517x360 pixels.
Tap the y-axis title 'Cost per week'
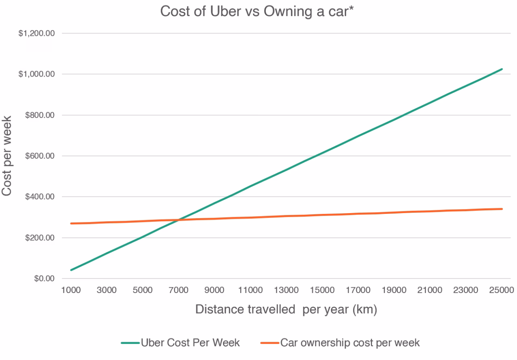pyautogui.click(x=7, y=156)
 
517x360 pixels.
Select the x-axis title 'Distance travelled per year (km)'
pyautogui.click(x=286, y=310)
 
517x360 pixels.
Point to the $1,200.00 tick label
pyautogui.click(x=36, y=33)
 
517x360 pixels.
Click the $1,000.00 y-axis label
pyautogui.click(x=36, y=74)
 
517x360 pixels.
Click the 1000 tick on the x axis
pyautogui.click(x=71, y=290)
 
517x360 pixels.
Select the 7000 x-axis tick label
pyautogui.click(x=179, y=290)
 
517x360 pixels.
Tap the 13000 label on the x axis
pyautogui.click(x=286, y=290)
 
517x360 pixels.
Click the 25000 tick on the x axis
pyautogui.click(x=502, y=290)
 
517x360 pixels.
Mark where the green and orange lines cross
pyautogui.click(x=178, y=220)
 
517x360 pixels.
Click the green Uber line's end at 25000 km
pyautogui.click(x=502, y=69)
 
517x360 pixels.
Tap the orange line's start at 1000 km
pyautogui.click(x=71, y=223)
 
